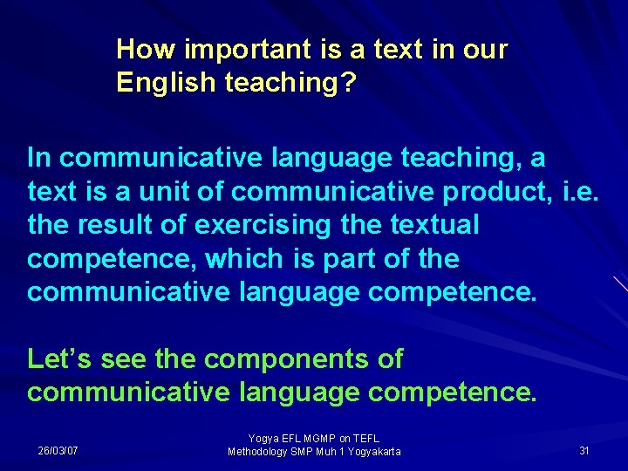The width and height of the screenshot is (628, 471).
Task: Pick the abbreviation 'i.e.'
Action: click(578, 191)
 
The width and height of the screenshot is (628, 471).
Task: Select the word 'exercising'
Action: click(263, 225)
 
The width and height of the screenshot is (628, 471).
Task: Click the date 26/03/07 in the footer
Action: click(58, 451)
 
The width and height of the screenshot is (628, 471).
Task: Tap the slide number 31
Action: click(584, 450)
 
